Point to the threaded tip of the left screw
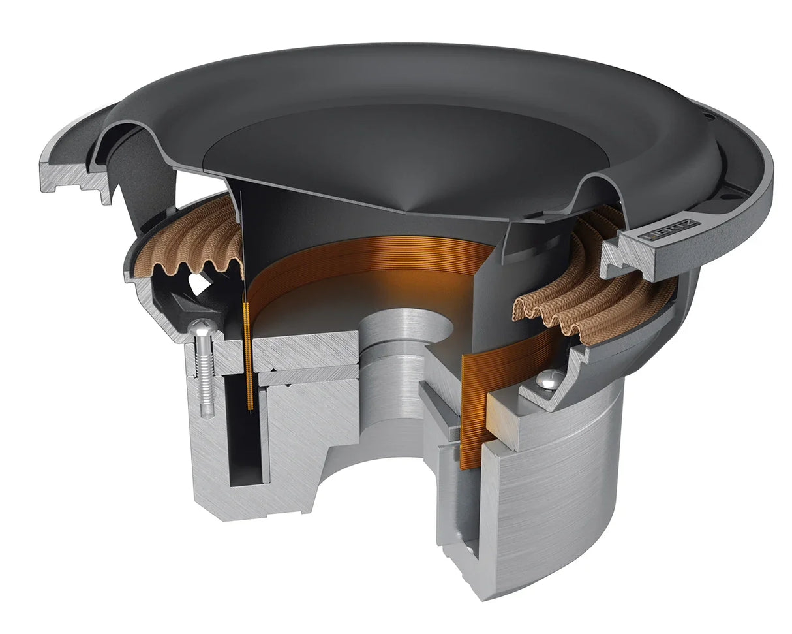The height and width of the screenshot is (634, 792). [206, 411]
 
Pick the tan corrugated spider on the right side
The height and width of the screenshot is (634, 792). [587, 287]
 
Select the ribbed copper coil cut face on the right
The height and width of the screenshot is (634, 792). [472, 411]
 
